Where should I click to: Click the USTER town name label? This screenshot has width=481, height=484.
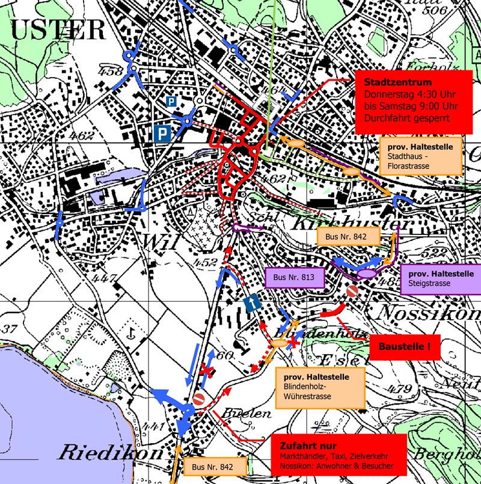58,30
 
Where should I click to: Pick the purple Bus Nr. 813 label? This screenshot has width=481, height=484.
295,278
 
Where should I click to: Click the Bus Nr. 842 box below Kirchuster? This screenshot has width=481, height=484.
349,237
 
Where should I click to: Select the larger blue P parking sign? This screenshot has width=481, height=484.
161,132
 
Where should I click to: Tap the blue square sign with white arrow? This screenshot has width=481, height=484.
252,304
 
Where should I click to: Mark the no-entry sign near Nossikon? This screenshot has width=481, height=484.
352,292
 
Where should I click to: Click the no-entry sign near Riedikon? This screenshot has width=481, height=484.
200,399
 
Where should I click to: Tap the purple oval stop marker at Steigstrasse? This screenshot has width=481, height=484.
366,274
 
